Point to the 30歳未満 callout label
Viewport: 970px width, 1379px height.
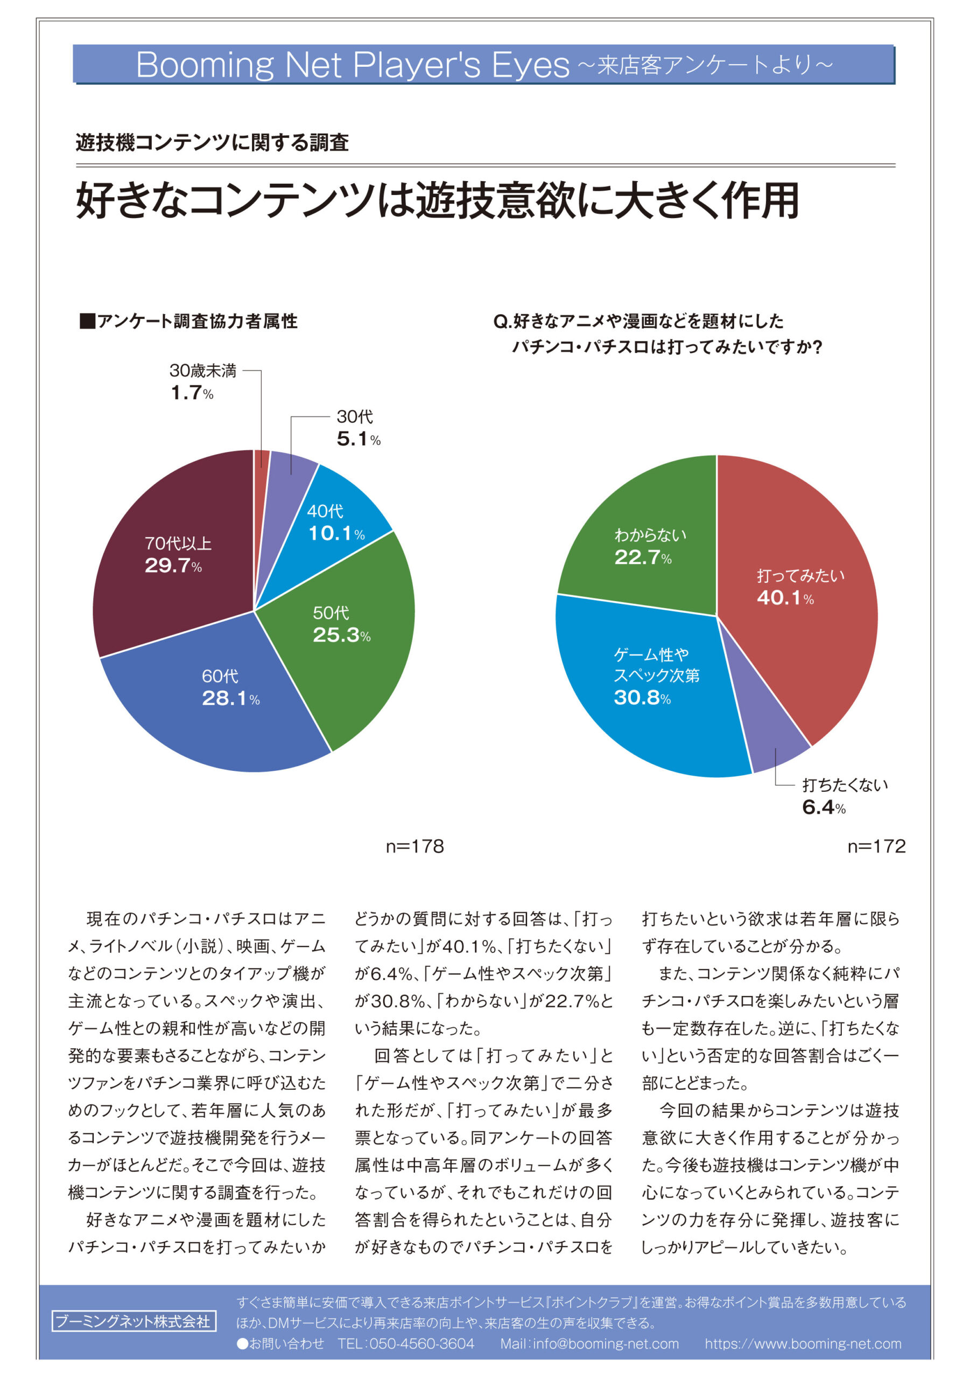coord(202,371)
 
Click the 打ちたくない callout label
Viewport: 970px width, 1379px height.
coord(845,785)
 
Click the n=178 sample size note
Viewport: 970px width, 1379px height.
coord(414,847)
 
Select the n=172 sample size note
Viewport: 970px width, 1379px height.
coord(876,847)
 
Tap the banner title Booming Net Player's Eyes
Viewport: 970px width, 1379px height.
coord(353,64)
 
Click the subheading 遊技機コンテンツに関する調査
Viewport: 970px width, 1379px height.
coord(212,142)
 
